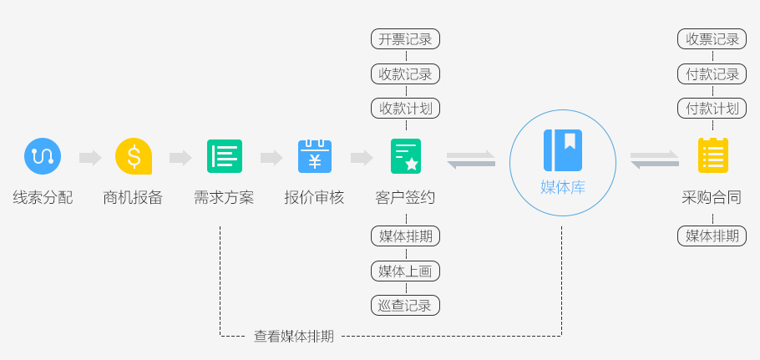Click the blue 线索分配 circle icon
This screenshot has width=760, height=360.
[x=42, y=156]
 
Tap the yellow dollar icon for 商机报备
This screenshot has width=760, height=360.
[x=134, y=156]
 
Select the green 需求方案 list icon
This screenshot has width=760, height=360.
[x=224, y=156]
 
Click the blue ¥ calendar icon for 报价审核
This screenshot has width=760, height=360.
[x=315, y=156]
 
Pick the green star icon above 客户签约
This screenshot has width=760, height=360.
[x=406, y=156]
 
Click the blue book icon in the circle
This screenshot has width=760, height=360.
[x=563, y=150]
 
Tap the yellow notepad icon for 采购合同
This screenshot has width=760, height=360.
[x=712, y=156]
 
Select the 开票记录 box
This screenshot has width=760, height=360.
[x=405, y=39]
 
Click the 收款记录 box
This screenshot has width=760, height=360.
[x=405, y=74]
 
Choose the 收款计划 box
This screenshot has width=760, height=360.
[x=405, y=108]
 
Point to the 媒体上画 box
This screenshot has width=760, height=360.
[x=405, y=271]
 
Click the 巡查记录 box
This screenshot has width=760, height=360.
[x=405, y=305]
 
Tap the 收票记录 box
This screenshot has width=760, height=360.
[x=712, y=39]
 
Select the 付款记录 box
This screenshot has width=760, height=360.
[x=712, y=74]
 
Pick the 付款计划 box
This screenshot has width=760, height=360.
[x=712, y=108]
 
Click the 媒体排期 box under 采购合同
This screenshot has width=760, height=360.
[x=712, y=236]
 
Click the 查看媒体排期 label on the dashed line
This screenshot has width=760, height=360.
[x=294, y=337]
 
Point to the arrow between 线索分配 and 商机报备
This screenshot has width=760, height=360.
[x=89, y=158]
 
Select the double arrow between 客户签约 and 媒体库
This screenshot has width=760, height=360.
[x=471, y=159]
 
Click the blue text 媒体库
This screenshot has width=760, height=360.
[x=563, y=187]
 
